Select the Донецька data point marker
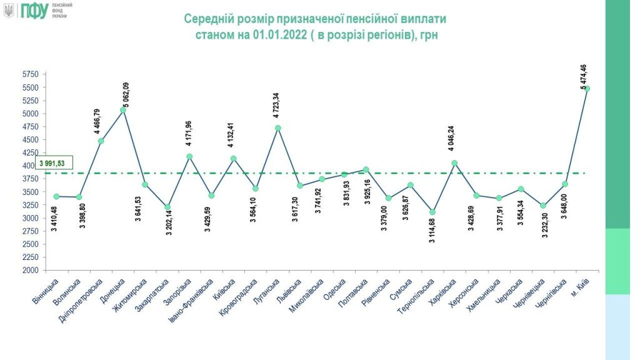123,110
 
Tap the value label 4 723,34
276,104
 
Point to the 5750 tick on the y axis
31,74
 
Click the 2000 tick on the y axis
31,271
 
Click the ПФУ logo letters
33,11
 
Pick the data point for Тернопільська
431,212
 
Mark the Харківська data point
454,163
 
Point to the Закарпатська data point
167,207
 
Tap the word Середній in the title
209,19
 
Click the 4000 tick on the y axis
31,166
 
